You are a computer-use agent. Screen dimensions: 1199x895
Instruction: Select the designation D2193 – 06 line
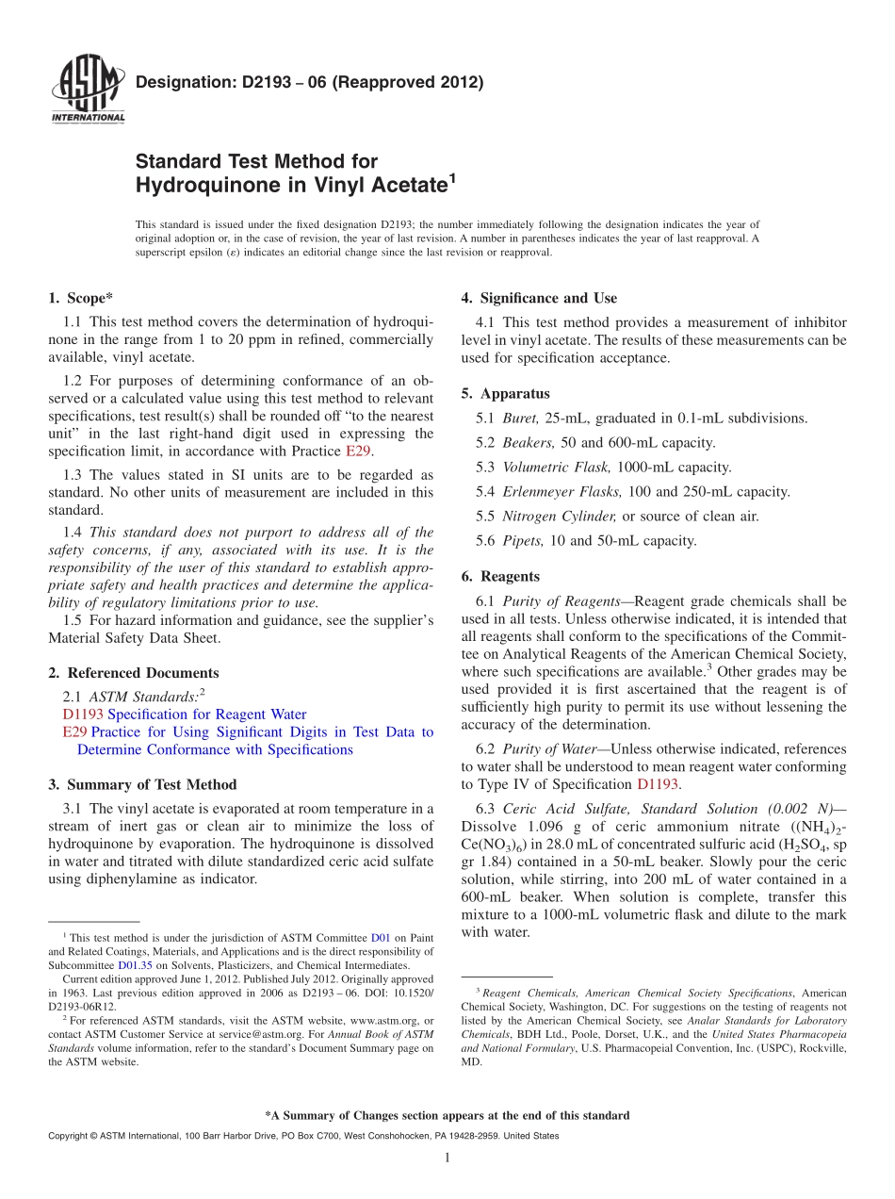pos(309,82)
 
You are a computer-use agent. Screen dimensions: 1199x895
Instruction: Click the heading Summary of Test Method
pos(151,784)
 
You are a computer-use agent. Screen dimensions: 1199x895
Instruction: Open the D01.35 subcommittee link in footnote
pos(132,965)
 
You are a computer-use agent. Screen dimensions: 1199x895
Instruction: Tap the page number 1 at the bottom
pos(447,1158)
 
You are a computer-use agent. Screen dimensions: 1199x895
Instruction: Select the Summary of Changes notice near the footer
pos(447,1115)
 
